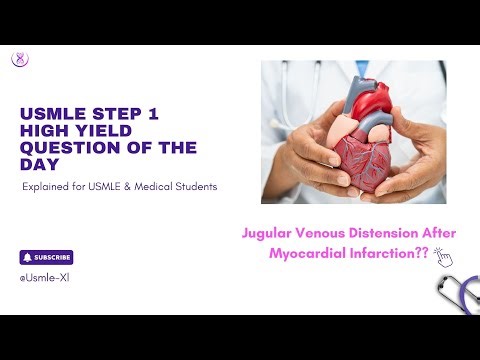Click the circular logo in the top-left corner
click(x=19, y=59)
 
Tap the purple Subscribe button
click(x=46, y=257)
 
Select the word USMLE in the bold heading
click(x=50, y=115)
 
